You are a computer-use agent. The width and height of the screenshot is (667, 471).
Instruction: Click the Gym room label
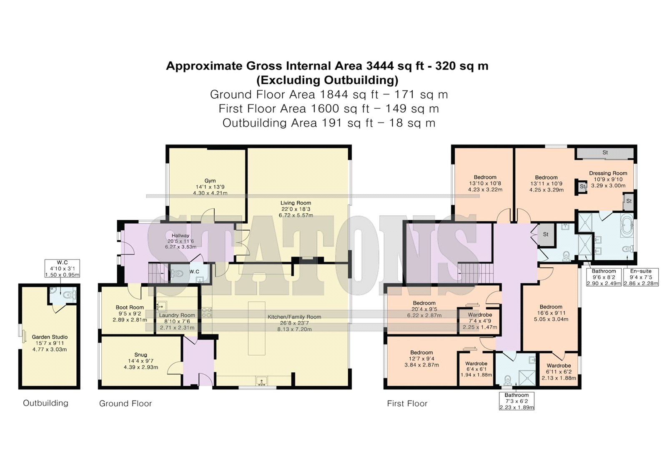point(210,181)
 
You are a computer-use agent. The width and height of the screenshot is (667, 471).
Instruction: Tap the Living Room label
point(296,203)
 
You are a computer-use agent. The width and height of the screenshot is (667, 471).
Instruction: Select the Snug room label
point(140,355)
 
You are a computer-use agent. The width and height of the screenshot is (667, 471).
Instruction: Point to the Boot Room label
point(130,307)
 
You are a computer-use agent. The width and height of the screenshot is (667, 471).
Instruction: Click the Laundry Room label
point(177,315)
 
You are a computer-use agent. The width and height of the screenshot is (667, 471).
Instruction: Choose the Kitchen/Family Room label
point(294,317)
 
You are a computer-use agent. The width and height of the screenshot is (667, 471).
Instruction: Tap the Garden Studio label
point(50,337)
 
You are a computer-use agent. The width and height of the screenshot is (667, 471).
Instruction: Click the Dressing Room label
point(608,173)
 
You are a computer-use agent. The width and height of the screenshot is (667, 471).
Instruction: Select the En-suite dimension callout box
point(641,277)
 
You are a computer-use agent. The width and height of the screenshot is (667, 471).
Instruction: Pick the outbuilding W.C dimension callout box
point(62,268)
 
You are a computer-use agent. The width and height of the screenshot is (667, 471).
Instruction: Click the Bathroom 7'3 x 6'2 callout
point(517,401)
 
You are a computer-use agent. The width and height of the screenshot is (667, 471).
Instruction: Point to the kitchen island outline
point(257,328)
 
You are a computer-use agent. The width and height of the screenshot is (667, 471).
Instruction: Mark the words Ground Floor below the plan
point(125,404)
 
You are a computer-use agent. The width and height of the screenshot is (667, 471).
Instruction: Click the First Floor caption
point(407,404)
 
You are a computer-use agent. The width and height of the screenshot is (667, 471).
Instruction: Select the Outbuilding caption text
point(45,403)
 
